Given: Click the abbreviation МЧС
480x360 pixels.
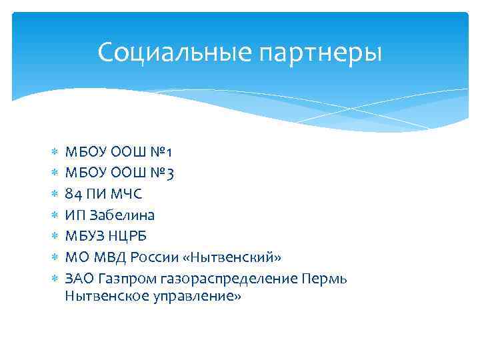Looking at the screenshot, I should coord(125,194).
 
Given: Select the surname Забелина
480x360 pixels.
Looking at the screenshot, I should coord(121,215).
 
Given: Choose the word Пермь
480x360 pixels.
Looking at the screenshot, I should coord(325,277).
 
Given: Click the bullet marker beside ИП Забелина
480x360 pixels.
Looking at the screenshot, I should coord(54,215).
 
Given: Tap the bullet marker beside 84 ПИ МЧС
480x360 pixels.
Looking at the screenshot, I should coord(54,194).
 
